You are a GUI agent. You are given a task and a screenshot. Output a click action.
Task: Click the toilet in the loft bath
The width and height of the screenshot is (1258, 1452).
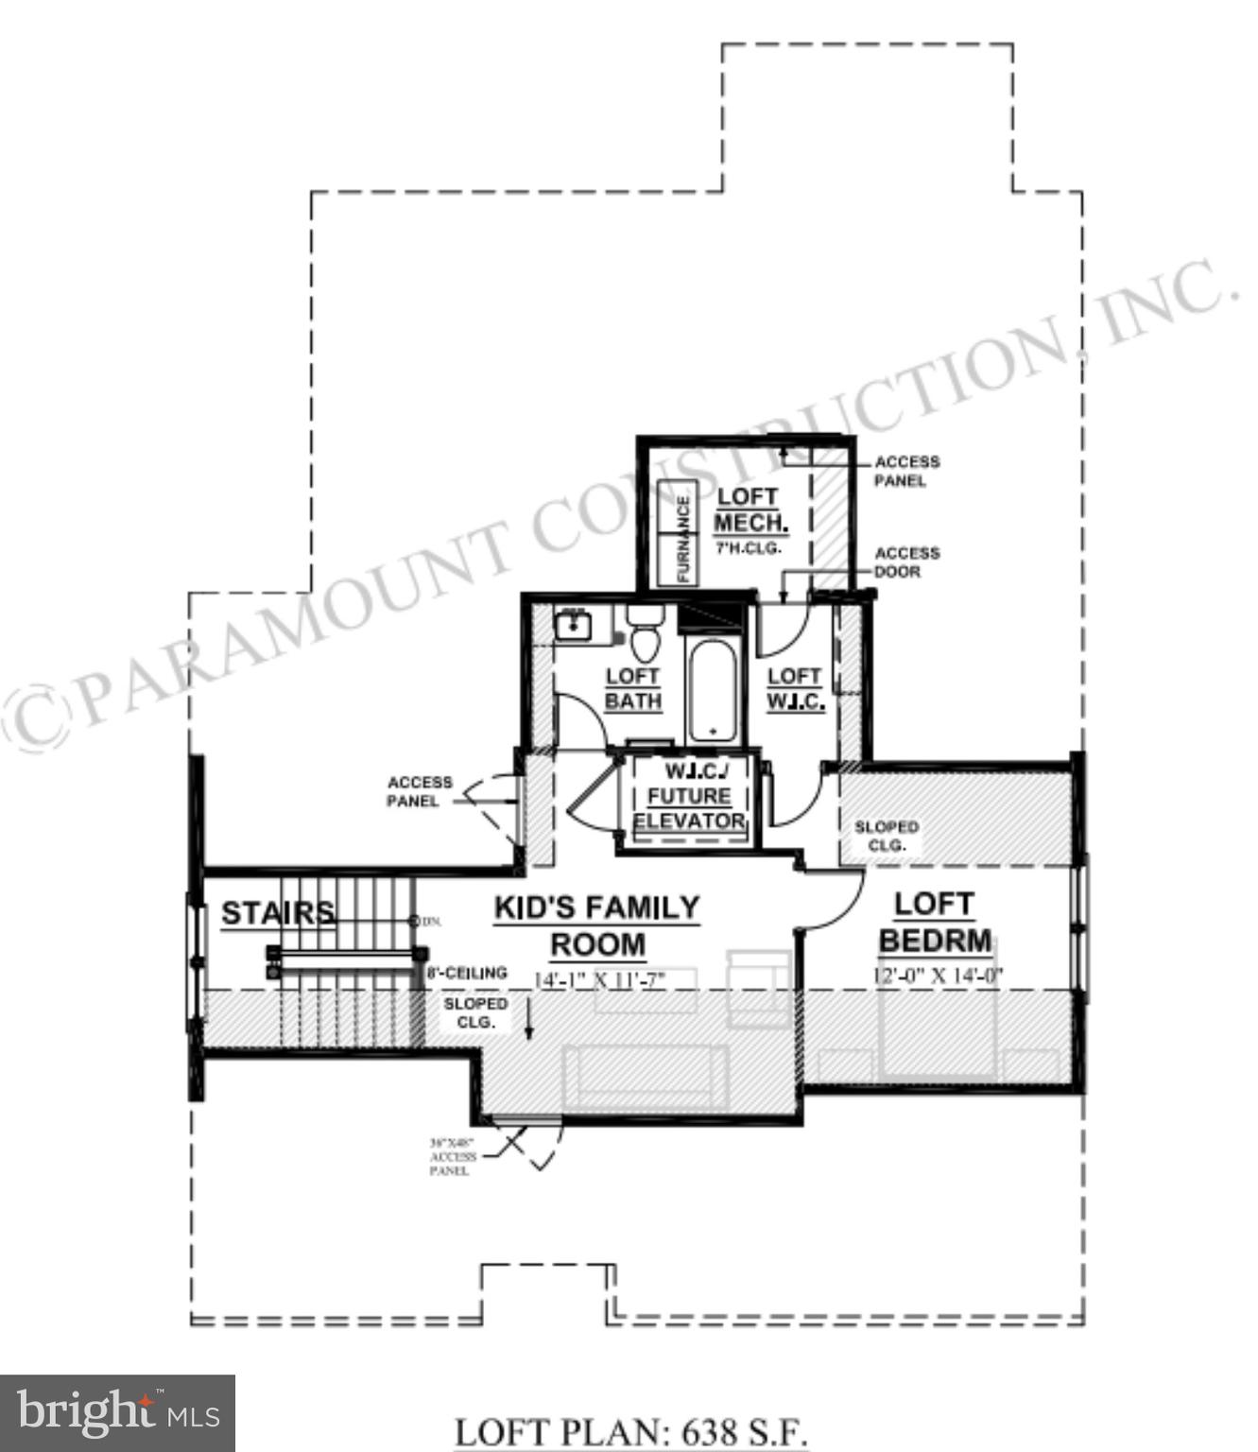[646, 634]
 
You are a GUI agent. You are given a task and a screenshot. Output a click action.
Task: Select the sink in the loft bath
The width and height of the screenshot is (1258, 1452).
[573, 626]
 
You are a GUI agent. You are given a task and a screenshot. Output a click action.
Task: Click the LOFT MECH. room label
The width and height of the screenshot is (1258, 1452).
[749, 510]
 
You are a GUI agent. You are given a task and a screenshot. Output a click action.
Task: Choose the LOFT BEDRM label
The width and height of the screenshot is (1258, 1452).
[935, 922]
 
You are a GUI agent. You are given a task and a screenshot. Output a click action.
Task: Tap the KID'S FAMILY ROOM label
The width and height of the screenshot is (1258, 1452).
[597, 925]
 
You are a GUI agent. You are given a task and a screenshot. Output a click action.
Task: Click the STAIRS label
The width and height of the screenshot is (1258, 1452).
[277, 913]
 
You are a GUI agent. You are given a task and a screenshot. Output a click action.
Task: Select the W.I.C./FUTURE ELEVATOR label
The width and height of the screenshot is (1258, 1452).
[689, 796]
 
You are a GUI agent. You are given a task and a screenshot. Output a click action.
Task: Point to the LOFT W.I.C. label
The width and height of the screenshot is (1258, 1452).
[795, 689]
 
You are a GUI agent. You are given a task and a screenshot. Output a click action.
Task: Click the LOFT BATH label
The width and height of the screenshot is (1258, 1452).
[632, 689]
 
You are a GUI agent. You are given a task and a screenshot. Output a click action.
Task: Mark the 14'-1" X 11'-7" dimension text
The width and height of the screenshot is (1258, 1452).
[600, 980]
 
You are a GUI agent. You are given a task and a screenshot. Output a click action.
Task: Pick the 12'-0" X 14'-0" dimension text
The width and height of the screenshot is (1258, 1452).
[937, 976]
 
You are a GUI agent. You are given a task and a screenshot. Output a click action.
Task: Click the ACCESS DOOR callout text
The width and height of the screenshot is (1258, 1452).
[906, 562]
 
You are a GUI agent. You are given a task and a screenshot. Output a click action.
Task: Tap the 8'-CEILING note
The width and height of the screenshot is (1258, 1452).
[466, 973]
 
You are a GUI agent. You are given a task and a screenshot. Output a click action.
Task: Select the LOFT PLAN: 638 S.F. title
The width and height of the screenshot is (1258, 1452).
[630, 1432]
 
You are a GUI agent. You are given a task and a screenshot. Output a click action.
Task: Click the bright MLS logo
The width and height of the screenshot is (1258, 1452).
[117, 1413]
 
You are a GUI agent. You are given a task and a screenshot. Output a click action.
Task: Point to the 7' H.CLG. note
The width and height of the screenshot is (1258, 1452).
[747, 548]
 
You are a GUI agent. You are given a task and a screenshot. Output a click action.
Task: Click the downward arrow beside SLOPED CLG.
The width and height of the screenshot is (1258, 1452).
[528, 1020]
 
